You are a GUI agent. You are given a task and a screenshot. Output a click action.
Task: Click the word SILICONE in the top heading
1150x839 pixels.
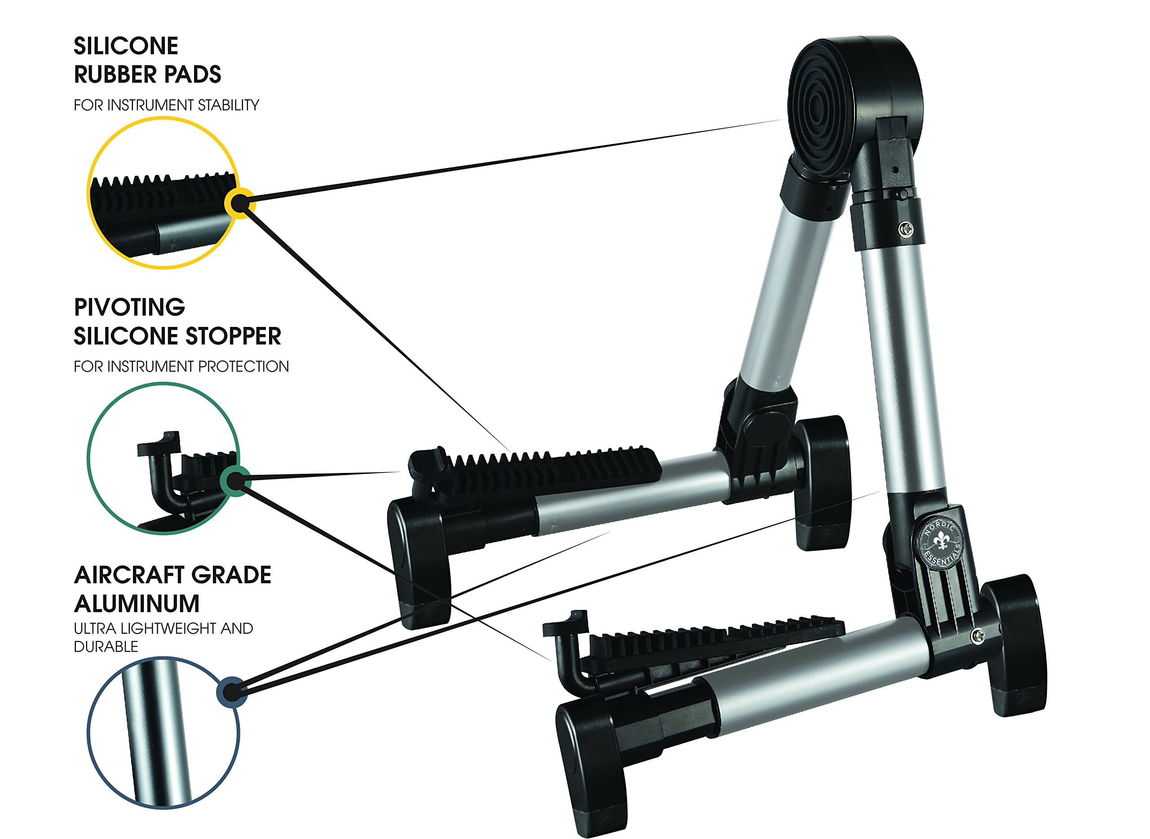click(126, 46)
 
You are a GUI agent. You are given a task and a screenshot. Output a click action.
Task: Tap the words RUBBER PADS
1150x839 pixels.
click(147, 75)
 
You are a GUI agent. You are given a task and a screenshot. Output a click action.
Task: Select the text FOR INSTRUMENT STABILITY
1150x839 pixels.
click(166, 105)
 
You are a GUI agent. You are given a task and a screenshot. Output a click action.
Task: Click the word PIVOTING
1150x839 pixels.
click(129, 307)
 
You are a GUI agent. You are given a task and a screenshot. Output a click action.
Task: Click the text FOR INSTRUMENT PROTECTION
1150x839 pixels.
click(181, 366)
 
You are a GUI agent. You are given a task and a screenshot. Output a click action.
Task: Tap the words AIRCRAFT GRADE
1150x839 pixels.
click(172, 575)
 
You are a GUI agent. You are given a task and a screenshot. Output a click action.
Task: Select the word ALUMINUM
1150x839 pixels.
click(137, 604)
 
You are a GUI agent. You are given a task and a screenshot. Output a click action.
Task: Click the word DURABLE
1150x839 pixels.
click(106, 646)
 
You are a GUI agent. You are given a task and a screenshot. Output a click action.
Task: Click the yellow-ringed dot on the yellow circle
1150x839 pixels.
click(239, 203)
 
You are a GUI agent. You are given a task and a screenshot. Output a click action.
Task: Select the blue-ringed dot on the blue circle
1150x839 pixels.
click(232, 691)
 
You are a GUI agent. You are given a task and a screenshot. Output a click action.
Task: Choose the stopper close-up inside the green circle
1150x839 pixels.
click(163, 459)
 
